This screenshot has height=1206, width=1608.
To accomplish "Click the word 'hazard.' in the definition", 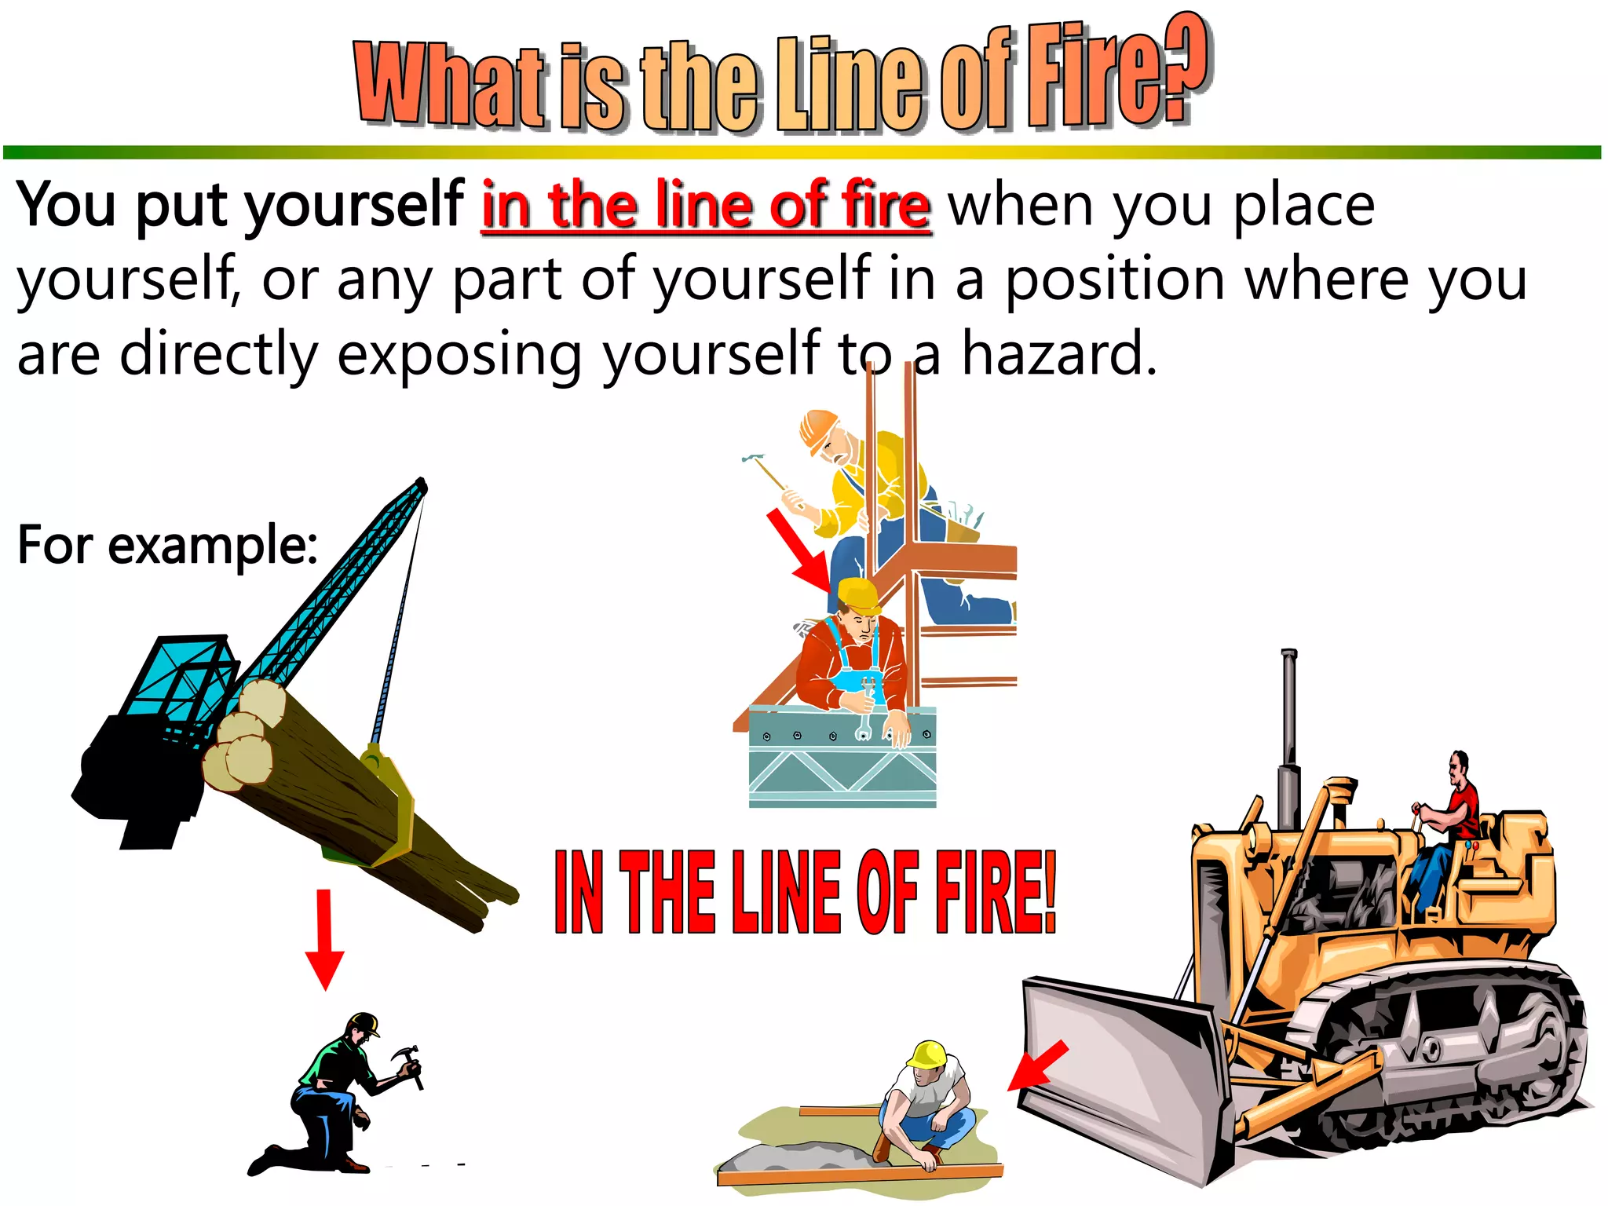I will pyautogui.click(x=1059, y=355).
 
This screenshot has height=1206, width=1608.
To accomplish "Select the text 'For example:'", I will pyautogui.click(x=167, y=545).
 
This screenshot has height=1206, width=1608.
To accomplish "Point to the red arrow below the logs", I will pyautogui.click(x=324, y=939).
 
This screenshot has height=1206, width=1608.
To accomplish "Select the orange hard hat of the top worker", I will pyautogui.click(x=817, y=428).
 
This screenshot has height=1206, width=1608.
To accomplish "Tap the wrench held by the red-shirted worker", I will pyautogui.click(x=866, y=707).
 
